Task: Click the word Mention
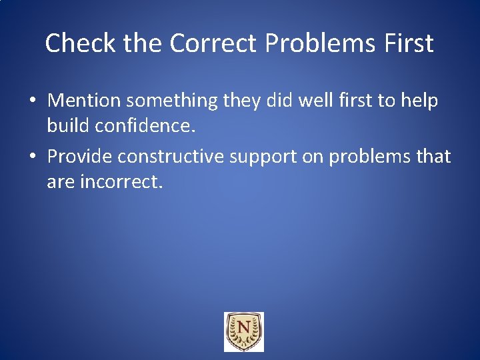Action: (x=84, y=101)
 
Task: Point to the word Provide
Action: (x=79, y=157)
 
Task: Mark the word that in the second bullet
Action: (x=433, y=157)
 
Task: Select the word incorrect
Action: (x=121, y=181)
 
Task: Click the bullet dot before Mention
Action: (x=33, y=101)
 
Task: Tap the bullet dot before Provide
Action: (x=33, y=157)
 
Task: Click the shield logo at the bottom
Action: (x=244, y=332)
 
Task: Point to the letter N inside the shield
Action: (x=244, y=329)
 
